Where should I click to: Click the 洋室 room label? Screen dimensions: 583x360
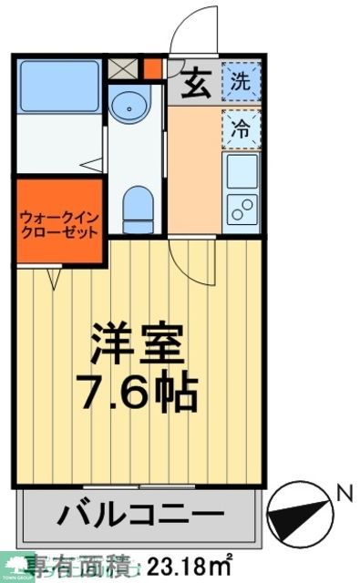coord(140,343)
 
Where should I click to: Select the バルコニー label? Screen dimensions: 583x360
coord(140,515)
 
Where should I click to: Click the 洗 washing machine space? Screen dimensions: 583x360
coord(241,83)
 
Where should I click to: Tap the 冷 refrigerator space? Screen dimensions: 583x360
coord(241,128)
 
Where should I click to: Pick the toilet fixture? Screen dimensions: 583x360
coord(137,199)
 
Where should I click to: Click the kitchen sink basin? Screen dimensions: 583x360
coord(242,169)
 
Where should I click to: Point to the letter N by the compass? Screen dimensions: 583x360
coord(344,495)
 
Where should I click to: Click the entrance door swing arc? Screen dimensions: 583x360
coord(192,27)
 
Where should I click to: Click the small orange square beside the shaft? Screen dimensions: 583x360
coord(152,68)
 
